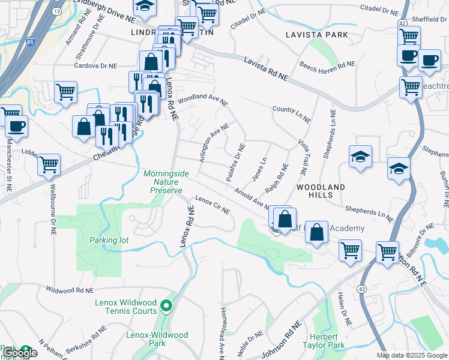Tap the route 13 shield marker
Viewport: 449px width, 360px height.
(x=56, y=11)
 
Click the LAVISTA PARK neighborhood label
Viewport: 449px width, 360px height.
(x=317, y=35)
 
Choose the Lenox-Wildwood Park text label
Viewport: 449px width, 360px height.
(x=157, y=339)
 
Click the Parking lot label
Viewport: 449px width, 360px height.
(x=109, y=240)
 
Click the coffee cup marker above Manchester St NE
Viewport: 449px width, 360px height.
(x=16, y=126)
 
